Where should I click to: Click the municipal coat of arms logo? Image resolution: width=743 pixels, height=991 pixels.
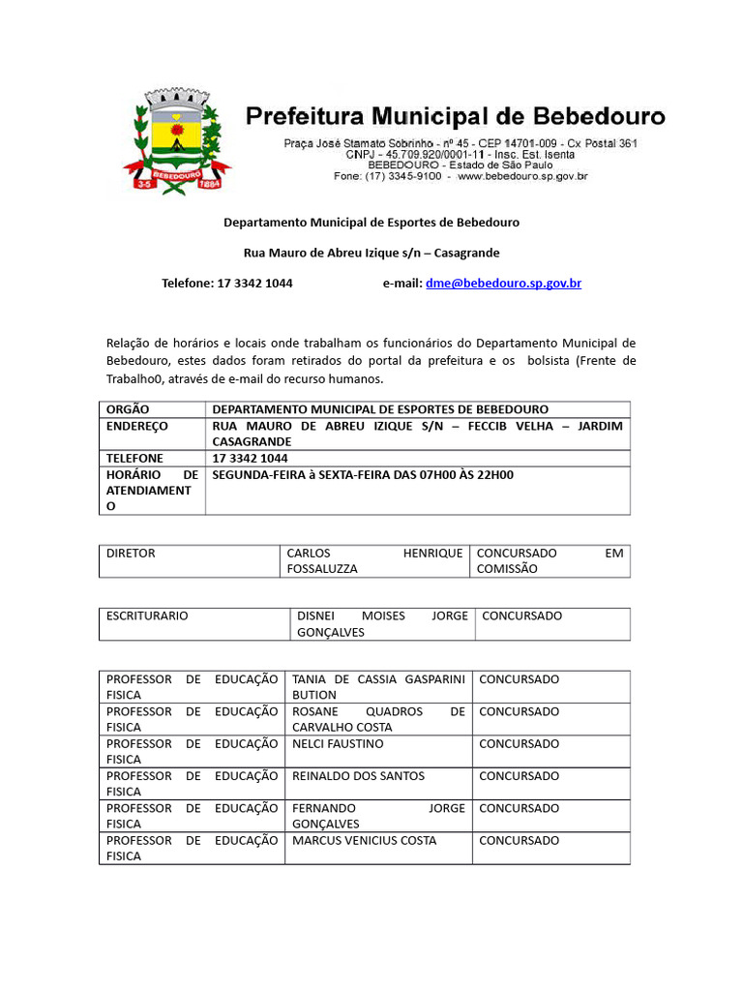point(176,141)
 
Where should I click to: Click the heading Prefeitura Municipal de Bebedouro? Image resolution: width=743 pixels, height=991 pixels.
point(455,117)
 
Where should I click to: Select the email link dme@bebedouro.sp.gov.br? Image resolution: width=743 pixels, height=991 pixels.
point(503,284)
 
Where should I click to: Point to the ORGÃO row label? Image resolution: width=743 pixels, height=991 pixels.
point(128,409)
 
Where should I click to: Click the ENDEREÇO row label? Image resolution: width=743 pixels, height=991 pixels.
point(136,426)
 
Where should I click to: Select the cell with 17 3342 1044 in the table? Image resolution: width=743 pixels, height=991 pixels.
point(250,458)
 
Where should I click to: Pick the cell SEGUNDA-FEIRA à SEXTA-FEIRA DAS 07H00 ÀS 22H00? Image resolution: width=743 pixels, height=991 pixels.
point(363,475)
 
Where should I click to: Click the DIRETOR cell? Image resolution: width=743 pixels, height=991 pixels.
point(131,554)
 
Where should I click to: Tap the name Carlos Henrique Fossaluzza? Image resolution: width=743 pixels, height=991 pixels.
point(374,561)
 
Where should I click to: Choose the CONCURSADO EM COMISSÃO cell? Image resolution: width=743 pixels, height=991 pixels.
point(550,561)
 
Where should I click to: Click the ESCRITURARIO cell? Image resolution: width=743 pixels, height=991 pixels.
point(147,616)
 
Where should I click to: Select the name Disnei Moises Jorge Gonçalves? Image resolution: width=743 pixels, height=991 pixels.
point(381,624)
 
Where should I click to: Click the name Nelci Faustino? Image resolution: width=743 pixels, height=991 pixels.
point(338,744)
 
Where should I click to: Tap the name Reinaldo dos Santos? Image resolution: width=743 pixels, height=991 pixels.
point(358,776)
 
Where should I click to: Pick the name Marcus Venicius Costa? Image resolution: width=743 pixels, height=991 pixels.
point(364,840)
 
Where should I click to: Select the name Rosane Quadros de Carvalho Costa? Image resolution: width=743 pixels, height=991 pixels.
point(378,719)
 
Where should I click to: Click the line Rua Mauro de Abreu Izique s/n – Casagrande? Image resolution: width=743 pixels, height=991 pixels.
point(371,253)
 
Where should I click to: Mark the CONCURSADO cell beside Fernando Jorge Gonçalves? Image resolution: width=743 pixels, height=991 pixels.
point(519,808)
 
